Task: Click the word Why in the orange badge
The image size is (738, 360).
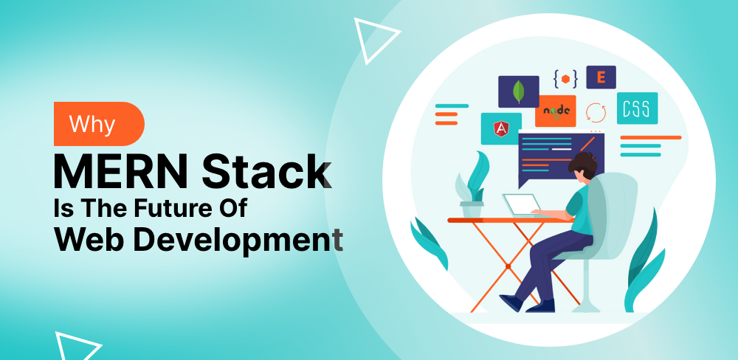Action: [92, 124]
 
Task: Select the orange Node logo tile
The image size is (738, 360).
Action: [556, 111]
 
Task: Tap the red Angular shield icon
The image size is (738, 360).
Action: [501, 130]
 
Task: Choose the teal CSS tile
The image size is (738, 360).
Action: [636, 108]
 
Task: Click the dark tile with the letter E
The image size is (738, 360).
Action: [601, 77]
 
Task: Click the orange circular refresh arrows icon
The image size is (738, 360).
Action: [596, 112]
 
